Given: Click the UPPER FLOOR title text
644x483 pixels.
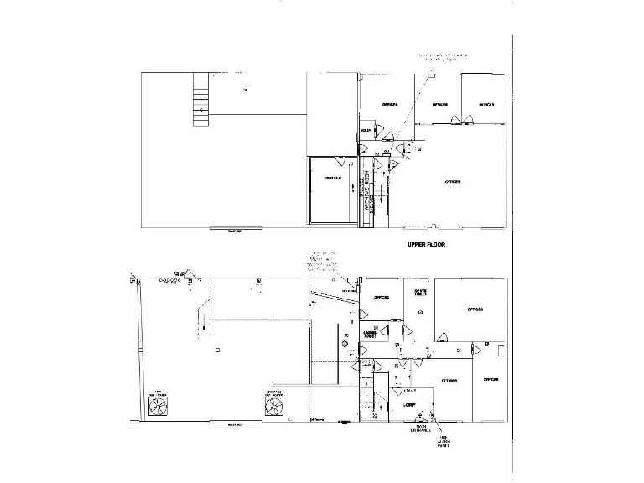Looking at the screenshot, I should click(x=425, y=245).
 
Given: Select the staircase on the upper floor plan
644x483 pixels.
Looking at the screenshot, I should click(x=200, y=99).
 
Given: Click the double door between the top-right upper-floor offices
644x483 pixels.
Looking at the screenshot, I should click(x=459, y=120).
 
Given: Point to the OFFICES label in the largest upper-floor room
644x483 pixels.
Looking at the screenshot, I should click(x=453, y=181).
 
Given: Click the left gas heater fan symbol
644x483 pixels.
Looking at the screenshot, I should click(x=157, y=407).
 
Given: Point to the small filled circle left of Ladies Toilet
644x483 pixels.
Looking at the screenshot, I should click(x=344, y=345).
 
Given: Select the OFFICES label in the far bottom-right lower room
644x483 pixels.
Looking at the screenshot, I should click(x=491, y=379).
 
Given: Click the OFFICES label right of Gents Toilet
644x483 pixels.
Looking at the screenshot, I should click(x=474, y=309).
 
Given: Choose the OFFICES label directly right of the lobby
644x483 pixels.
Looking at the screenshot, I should click(x=449, y=381).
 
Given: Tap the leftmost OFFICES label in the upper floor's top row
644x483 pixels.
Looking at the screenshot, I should click(x=389, y=105).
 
